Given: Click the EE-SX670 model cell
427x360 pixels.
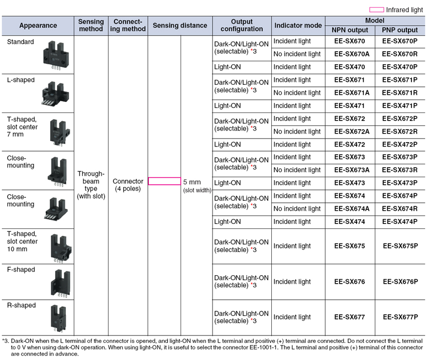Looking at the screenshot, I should tap(350, 41).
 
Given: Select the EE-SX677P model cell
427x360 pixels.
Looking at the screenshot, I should tap(400, 317).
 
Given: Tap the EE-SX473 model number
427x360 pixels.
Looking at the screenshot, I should tap(350, 183).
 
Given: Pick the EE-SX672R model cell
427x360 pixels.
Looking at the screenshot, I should tap(400, 132).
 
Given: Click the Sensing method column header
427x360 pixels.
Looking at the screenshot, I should tap(91, 25).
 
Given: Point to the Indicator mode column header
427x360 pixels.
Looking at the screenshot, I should tap(298, 25).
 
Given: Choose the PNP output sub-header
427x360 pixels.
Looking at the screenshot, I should tap(400, 30).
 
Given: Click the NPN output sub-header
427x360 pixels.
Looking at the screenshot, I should tap(350, 30).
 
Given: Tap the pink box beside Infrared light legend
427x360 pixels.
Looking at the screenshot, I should tap(377, 10).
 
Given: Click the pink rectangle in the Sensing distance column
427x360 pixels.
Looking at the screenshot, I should tap(164, 181).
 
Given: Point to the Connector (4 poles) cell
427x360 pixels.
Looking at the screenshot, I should tap(128, 185).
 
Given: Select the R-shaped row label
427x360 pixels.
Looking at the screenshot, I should tap(22, 305).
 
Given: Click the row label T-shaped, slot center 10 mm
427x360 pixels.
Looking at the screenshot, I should tap(22, 241).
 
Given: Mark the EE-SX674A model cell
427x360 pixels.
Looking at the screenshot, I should tap(350, 209).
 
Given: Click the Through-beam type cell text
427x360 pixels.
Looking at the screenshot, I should tap(91, 185).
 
